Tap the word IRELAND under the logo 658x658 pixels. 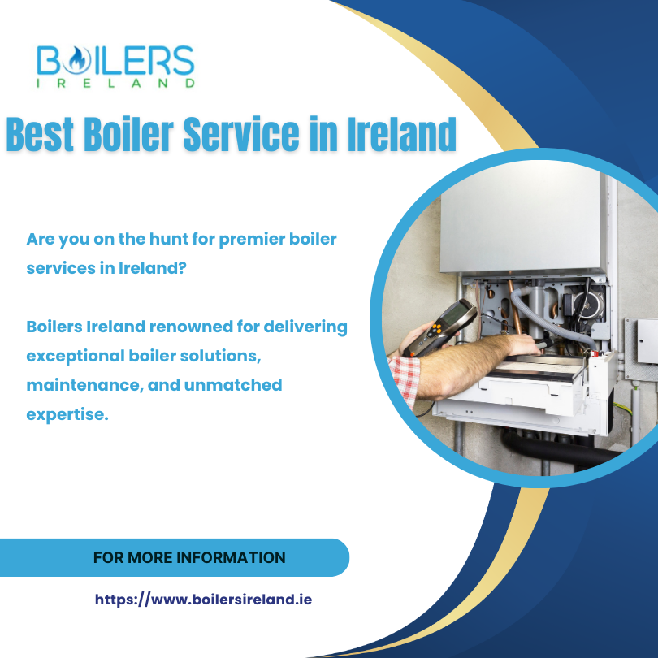coord(116,82)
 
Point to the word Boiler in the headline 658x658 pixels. coord(132,134)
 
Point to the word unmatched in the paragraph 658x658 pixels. coord(236,385)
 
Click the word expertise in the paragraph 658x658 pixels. coord(67,414)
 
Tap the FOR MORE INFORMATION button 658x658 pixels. coord(188,558)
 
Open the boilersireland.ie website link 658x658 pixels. coord(203,600)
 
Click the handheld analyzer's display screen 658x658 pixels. coord(455,313)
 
